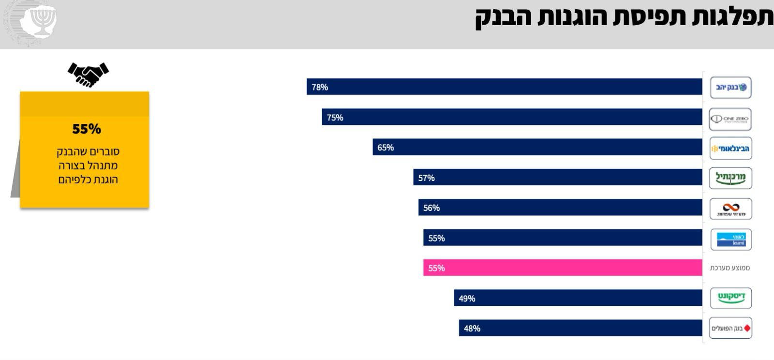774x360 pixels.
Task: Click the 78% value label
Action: (320, 87)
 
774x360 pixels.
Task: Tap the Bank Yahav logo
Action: (730, 88)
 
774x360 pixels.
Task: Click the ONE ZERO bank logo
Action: (730, 119)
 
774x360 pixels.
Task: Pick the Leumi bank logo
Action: (730, 240)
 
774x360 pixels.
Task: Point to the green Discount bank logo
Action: (730, 298)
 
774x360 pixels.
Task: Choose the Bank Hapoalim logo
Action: (730, 328)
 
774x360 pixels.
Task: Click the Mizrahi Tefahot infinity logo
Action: (730, 209)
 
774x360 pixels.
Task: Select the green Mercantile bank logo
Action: (730, 178)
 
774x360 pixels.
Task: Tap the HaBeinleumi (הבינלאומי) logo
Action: (730, 149)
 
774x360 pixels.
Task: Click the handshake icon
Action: (88, 74)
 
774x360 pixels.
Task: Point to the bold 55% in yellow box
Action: (87, 129)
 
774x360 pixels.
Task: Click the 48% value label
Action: (472, 329)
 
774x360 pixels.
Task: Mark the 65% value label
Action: (386, 148)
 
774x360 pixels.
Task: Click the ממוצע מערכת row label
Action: (729, 268)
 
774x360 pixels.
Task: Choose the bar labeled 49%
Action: (578, 298)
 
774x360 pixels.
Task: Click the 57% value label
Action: (426, 178)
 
